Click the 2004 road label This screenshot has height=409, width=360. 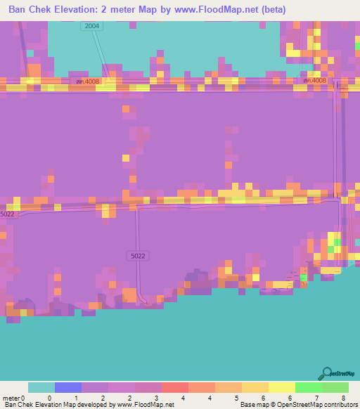pyautogui.click(x=91, y=26)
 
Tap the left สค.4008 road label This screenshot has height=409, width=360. pyautogui.click(x=89, y=81)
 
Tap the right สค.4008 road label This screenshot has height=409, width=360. pyautogui.click(x=315, y=80)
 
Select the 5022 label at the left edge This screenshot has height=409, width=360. pyautogui.click(x=7, y=214)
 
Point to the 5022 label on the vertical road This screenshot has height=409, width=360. pyautogui.click(x=138, y=257)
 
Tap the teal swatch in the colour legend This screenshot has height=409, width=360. pyautogui.click(x=41, y=387)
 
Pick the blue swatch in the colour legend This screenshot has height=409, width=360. pyautogui.click(x=68, y=387)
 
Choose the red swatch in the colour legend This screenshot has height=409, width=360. pyautogui.click(x=174, y=387)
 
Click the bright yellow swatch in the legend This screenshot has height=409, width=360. pyautogui.click(x=281, y=387)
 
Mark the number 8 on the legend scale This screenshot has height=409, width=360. pyautogui.click(x=342, y=398)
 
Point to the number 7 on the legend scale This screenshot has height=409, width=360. pyautogui.click(x=316, y=398)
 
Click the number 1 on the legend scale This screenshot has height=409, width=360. pyautogui.click(x=76, y=398)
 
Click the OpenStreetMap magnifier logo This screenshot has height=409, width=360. pyautogui.click(x=326, y=373)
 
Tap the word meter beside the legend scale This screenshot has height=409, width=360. pyautogui.click(x=12, y=398)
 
